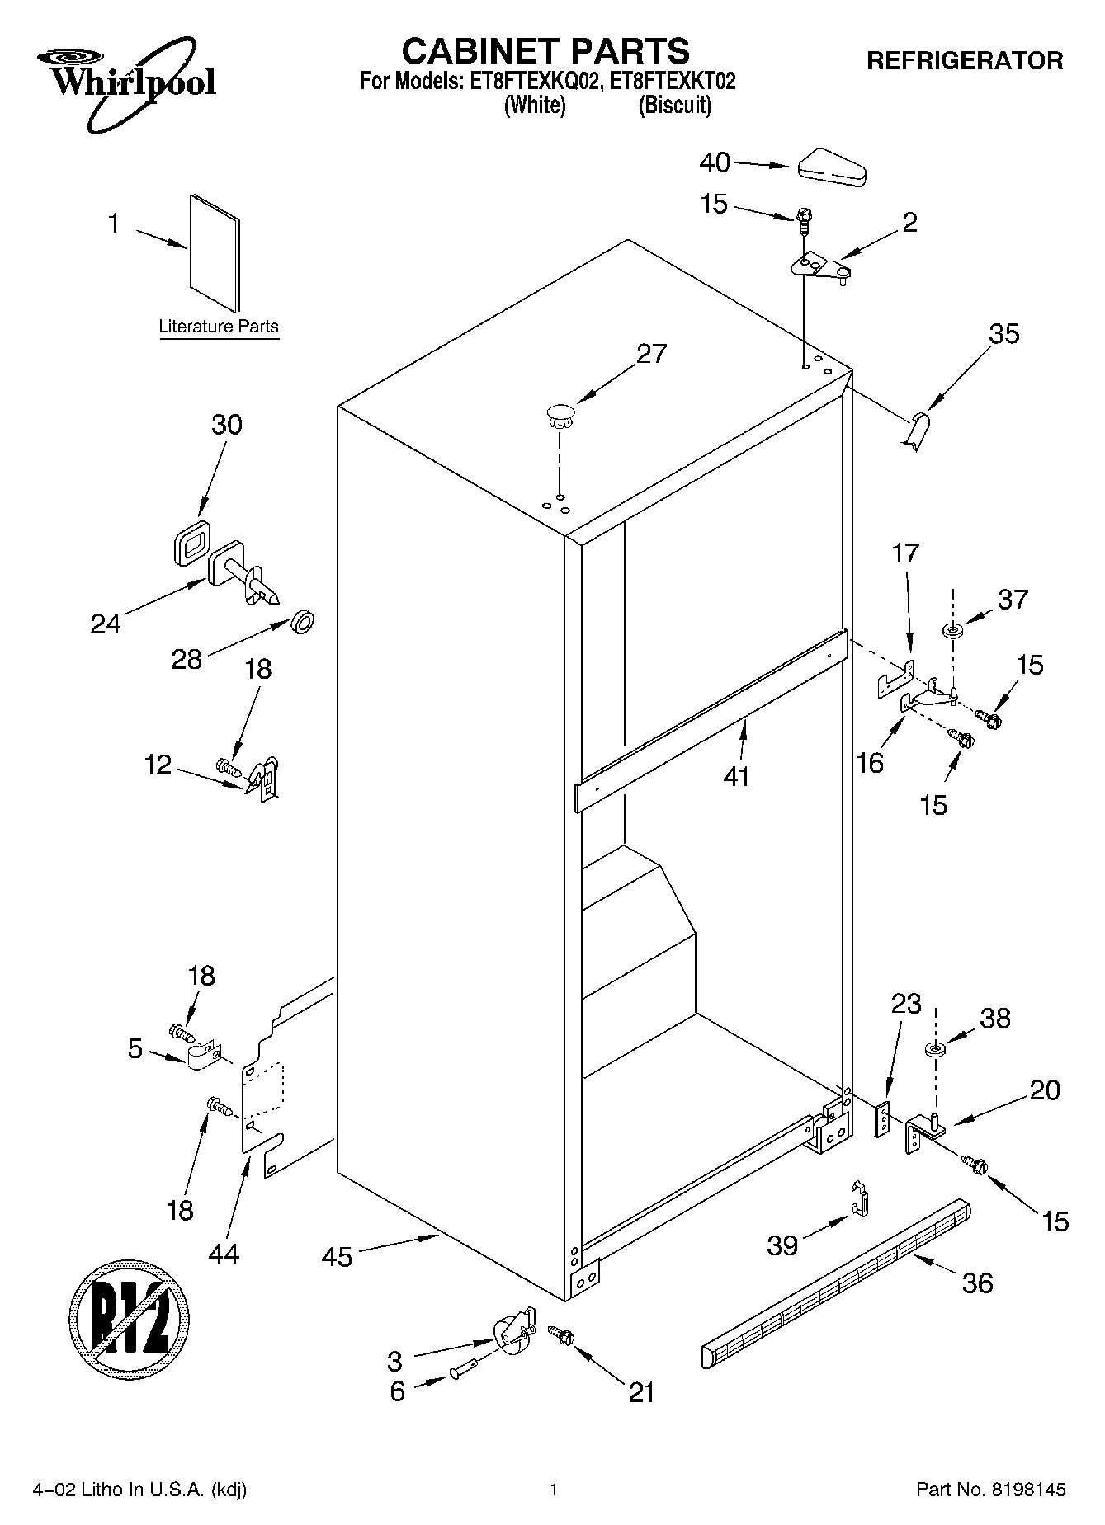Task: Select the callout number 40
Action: pyautogui.click(x=714, y=163)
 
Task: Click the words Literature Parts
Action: pyautogui.click(x=219, y=327)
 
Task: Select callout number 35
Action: pyautogui.click(x=1003, y=334)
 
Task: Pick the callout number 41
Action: pyautogui.click(x=735, y=776)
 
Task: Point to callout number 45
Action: pyautogui.click(x=337, y=1257)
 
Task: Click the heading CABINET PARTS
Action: pyautogui.click(x=545, y=51)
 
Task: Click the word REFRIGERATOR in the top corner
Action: pyautogui.click(x=964, y=60)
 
